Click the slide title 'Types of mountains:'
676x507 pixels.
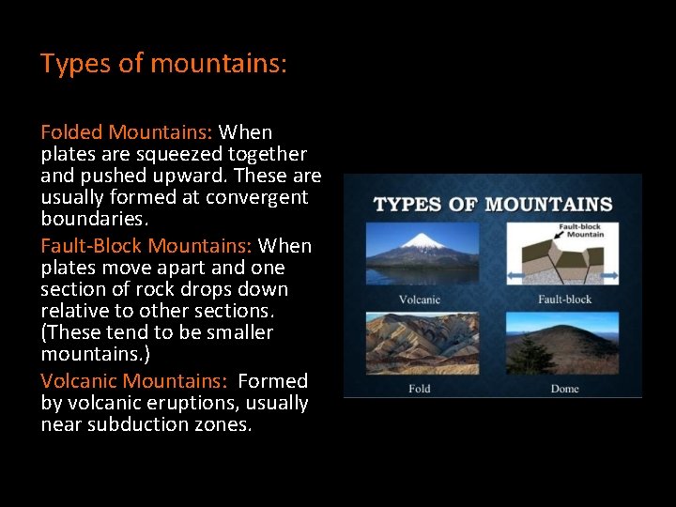pyautogui.click(x=163, y=64)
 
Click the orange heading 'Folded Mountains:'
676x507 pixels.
pyautogui.click(x=127, y=132)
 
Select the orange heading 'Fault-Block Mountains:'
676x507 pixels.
pyautogui.click(x=146, y=246)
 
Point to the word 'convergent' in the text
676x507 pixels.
pyautogui.click(x=261, y=197)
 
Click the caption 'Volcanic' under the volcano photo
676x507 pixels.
pyautogui.click(x=419, y=300)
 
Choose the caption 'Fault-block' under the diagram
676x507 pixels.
pyautogui.click(x=564, y=300)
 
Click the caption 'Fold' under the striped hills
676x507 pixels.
pyautogui.click(x=420, y=388)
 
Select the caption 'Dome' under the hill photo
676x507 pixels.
pyautogui.click(x=565, y=388)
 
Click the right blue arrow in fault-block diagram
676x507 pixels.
pyautogui.click(x=609, y=276)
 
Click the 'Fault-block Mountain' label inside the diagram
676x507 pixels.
pyautogui.click(x=582, y=231)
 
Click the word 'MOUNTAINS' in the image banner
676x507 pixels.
pyautogui.click(x=550, y=205)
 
